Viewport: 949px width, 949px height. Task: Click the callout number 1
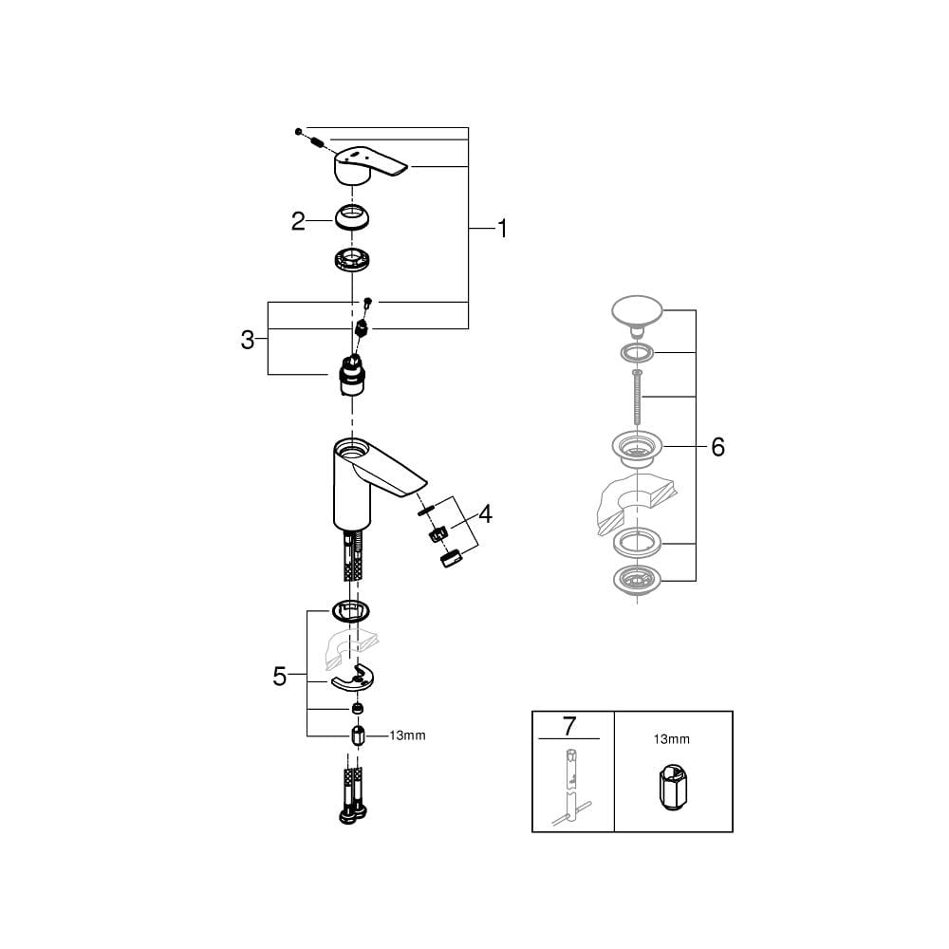click(502, 229)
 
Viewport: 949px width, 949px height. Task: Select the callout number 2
click(298, 221)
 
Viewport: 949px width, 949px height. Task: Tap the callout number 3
click(247, 340)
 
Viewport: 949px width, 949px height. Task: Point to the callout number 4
click(485, 514)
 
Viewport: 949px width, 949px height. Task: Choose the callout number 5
click(279, 676)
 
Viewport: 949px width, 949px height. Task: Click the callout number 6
click(717, 447)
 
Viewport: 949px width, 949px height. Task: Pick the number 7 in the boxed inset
click(568, 726)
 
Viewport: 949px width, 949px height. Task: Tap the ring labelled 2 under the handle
click(353, 217)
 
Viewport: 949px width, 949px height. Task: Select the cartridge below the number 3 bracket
click(352, 375)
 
